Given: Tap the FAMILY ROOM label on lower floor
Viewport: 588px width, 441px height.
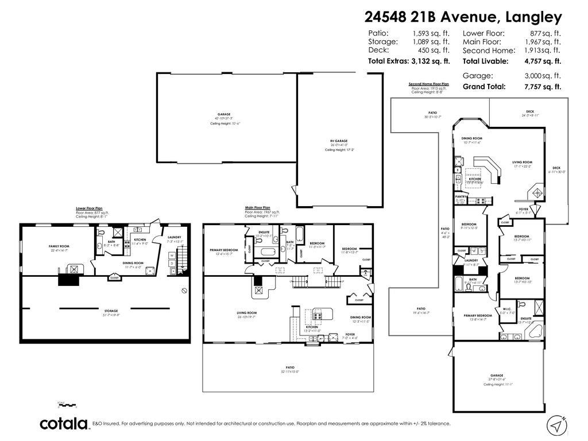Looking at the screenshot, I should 59,246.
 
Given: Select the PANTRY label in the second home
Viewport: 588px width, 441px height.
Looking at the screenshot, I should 461,196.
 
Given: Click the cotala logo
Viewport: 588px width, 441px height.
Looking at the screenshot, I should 63,424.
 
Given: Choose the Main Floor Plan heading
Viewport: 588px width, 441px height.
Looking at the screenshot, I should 257,207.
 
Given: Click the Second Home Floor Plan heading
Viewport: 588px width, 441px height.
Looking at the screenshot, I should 428,84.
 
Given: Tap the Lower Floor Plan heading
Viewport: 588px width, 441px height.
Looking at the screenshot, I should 89,208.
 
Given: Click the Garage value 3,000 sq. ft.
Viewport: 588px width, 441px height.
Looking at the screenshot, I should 541,76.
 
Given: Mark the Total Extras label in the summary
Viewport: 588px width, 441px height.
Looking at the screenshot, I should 388,61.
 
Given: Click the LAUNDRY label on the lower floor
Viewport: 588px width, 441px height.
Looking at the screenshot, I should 175,237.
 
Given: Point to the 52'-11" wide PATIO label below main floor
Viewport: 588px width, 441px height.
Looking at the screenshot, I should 290,367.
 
